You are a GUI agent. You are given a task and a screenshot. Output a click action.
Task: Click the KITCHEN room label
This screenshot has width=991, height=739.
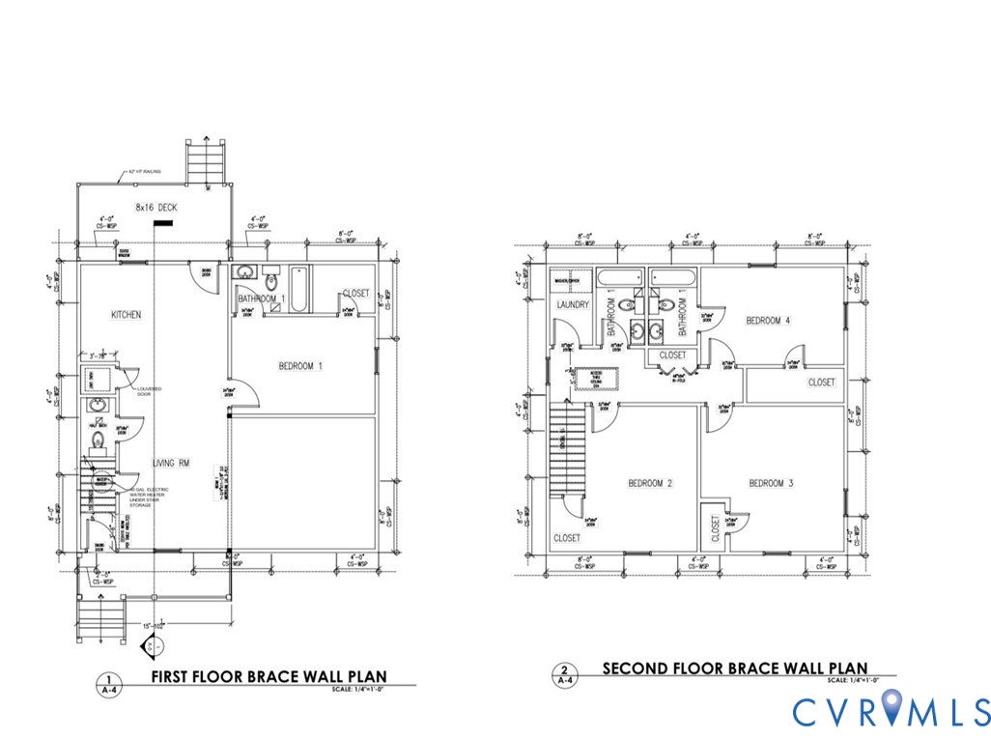126,315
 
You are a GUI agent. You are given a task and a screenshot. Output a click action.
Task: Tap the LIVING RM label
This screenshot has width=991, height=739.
170,464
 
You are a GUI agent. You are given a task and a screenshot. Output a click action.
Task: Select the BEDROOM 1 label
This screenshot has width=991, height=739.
300,366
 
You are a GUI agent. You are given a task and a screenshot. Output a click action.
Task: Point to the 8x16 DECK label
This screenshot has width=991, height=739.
156,207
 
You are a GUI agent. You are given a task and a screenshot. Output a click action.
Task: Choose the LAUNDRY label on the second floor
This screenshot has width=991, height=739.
573,305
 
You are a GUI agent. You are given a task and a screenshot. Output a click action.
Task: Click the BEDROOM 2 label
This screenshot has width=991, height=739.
650,483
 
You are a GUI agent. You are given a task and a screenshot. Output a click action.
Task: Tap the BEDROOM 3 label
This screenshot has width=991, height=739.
771,483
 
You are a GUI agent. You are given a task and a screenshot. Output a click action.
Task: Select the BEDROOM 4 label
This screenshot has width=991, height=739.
768,321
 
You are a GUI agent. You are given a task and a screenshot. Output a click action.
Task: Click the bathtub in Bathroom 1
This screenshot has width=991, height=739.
297,287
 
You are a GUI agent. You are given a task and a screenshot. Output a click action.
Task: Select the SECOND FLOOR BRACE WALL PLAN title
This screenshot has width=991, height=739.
734,668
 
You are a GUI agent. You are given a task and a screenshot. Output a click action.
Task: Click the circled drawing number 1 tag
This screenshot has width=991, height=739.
110,679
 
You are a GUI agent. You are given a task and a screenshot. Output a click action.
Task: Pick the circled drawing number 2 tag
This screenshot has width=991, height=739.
563,669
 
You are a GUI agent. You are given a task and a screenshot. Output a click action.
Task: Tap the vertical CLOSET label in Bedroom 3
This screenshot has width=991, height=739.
716,528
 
